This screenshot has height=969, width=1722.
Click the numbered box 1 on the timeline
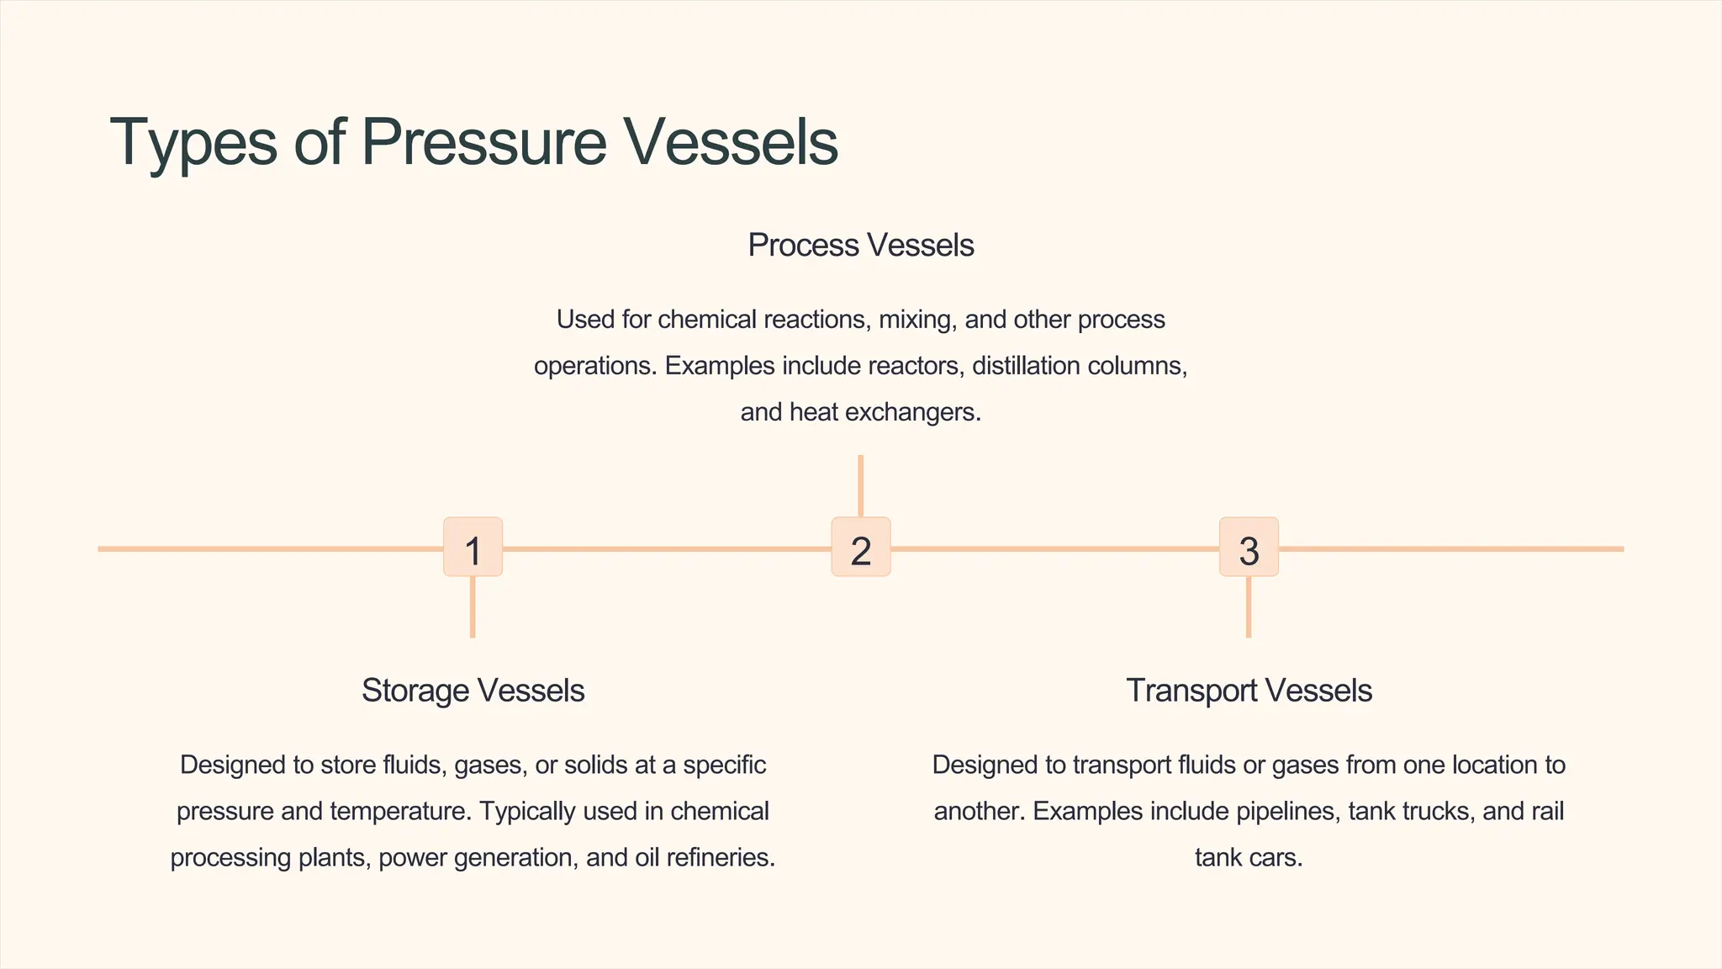click(x=473, y=548)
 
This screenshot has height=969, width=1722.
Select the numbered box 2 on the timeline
click(x=860, y=548)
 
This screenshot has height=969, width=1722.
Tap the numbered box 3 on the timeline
click(x=1249, y=548)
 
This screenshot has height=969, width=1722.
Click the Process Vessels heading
click(x=860, y=246)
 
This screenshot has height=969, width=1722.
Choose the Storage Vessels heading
click(x=473, y=691)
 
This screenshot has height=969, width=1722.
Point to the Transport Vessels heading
click(x=1249, y=691)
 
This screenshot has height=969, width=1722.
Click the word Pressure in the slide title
click(x=483, y=141)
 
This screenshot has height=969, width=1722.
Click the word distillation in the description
click(x=1026, y=367)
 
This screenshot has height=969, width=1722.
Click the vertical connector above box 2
click(x=860, y=485)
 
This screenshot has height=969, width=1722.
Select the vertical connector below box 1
click(x=473, y=606)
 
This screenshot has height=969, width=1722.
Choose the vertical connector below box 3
click(x=1249, y=606)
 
